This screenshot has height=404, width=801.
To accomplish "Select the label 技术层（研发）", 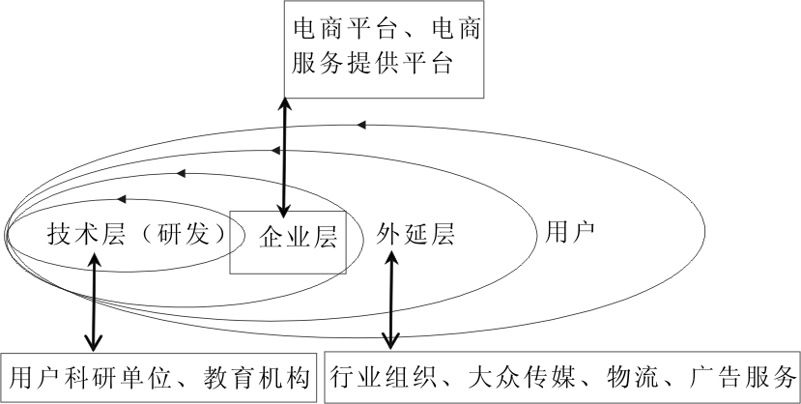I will coord(134,235).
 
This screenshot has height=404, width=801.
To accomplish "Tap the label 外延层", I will coord(415,235).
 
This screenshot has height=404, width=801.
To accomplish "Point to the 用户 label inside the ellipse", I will coord(570,232).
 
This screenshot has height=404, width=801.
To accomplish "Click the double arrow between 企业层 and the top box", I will coord(283,155).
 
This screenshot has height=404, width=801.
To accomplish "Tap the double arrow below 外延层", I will coord(390,300).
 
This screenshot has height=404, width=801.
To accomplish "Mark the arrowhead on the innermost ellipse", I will coord(122,199).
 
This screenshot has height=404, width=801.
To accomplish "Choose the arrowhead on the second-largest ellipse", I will coord(276,149).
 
